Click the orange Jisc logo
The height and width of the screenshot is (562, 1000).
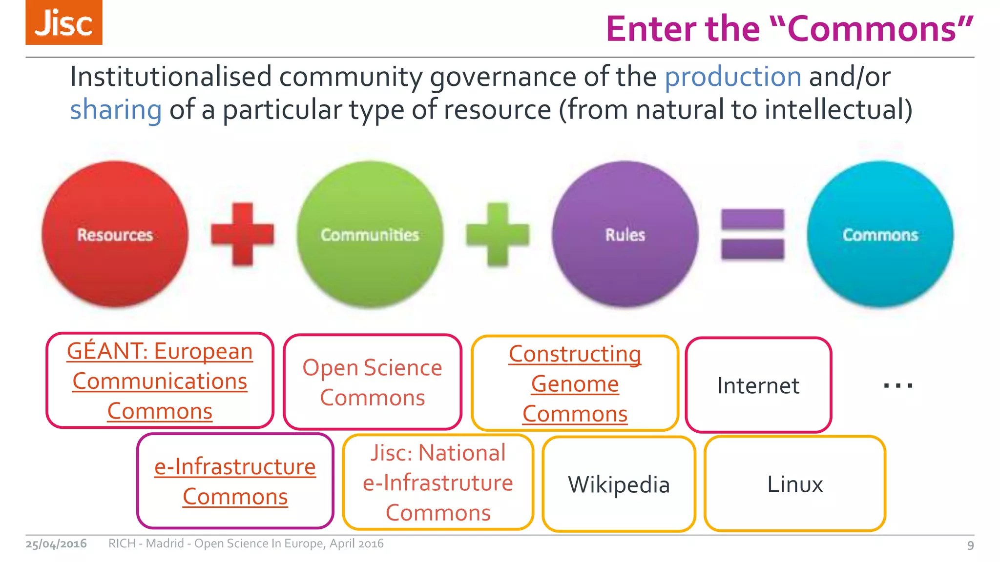(x=64, y=22)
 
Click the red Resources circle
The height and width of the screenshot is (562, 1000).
(x=115, y=235)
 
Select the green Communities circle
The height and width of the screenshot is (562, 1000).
(x=370, y=235)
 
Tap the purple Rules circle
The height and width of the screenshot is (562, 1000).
(x=625, y=235)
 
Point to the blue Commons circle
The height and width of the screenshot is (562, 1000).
(x=880, y=235)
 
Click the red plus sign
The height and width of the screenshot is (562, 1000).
(x=243, y=235)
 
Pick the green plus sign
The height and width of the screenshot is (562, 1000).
(x=498, y=235)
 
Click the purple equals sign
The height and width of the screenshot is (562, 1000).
(x=752, y=235)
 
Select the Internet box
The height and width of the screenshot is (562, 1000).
(x=758, y=385)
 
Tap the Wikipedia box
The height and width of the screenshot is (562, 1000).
(x=619, y=484)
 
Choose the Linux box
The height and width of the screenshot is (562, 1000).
(x=795, y=484)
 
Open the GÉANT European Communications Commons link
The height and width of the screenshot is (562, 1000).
(x=160, y=381)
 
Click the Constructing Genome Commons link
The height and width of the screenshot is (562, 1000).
(x=575, y=384)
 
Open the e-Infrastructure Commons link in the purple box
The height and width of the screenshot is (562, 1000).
(x=235, y=482)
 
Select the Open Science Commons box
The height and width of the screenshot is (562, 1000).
(x=373, y=382)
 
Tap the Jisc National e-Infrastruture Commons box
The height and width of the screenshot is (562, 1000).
(x=438, y=482)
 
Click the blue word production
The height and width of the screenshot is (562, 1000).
(x=733, y=77)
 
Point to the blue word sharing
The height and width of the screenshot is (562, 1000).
(x=116, y=109)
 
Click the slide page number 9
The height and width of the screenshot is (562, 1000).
(x=970, y=545)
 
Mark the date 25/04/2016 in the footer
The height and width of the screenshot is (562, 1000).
(x=56, y=543)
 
